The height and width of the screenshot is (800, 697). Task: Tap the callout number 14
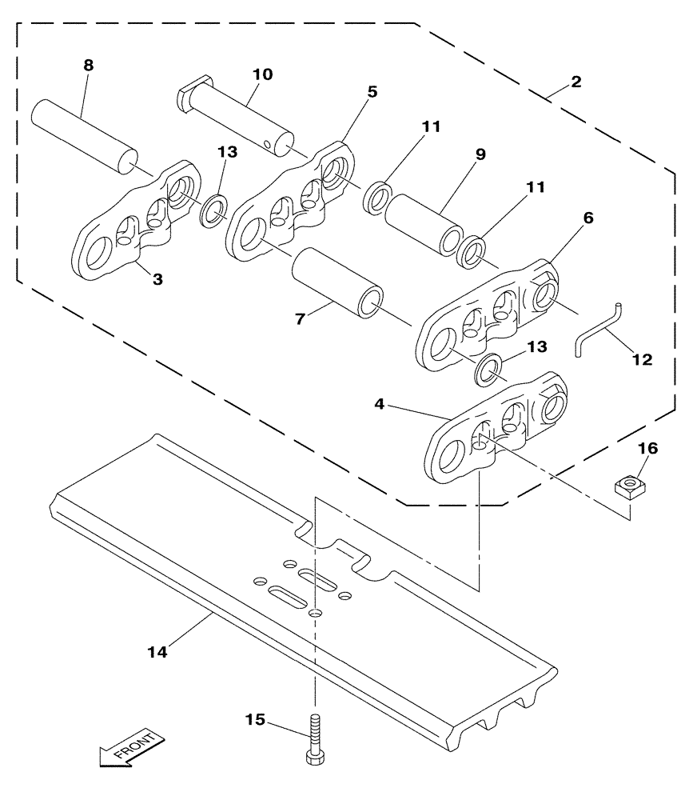(x=157, y=653)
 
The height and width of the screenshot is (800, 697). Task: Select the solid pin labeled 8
(x=82, y=134)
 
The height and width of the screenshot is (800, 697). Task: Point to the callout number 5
(x=372, y=91)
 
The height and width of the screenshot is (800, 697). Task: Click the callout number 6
(x=587, y=218)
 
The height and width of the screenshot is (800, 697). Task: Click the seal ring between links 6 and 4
(x=488, y=370)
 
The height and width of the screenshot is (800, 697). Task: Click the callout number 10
(x=262, y=74)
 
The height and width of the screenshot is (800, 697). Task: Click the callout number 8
(x=88, y=65)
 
